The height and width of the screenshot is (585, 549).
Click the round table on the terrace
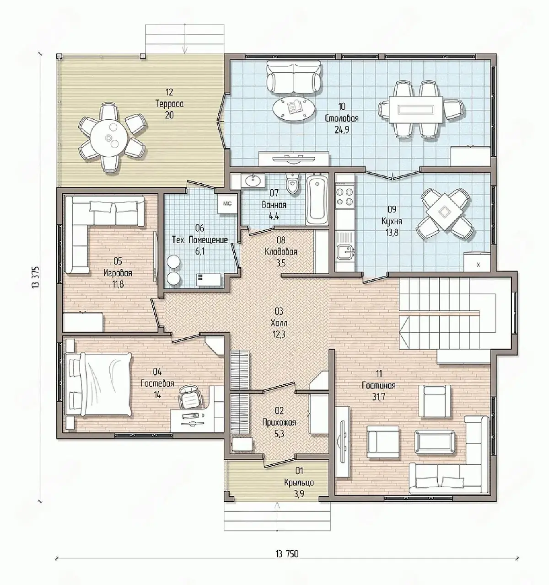[x=109, y=137]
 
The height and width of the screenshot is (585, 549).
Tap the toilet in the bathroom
[x=292, y=184]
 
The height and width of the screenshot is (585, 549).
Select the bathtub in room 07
[x=317, y=199]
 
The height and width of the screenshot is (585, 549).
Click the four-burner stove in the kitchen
[x=345, y=197]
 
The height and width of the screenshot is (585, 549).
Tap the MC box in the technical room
[x=227, y=203]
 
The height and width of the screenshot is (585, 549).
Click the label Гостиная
[x=378, y=386]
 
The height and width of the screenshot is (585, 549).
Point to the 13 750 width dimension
[x=287, y=554]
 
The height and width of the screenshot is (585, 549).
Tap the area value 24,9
[x=342, y=130]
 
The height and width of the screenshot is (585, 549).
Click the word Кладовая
[x=281, y=252]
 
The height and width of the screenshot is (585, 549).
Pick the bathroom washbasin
[x=253, y=180]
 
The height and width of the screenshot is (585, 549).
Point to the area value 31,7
[x=378, y=397]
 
